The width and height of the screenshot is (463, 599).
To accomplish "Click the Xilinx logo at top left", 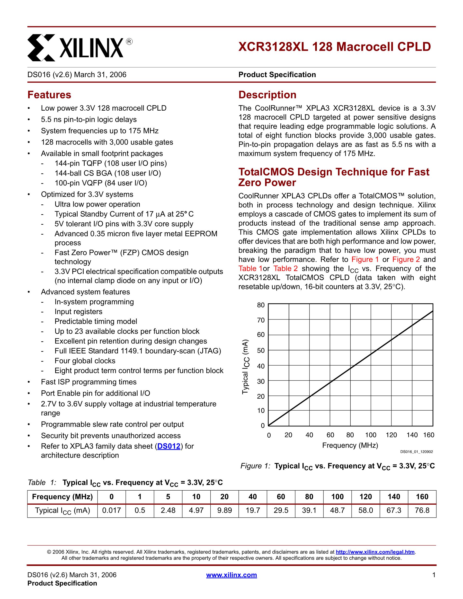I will point(80,47).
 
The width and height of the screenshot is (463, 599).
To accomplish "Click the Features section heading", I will point(49,95).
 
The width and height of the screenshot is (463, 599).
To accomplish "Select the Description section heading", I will point(267,95).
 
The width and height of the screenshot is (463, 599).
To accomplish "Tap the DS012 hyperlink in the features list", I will point(169,446).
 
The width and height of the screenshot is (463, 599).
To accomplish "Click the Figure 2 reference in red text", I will point(406,259).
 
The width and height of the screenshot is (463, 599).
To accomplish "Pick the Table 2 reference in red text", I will point(285,269).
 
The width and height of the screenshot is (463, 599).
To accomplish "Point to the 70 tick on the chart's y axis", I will point(261,320).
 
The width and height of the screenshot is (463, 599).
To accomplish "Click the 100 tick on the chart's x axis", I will point(371,435).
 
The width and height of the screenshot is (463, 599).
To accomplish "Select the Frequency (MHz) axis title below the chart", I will point(350,445).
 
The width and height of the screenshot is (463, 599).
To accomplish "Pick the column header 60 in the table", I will point(281,497).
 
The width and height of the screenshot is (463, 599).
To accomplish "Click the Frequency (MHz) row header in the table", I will point(62,497).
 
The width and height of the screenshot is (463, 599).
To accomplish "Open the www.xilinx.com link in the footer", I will point(231,575).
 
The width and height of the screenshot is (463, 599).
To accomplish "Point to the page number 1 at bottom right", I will point(434,575).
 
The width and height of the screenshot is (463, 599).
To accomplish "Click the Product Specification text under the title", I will point(277,75).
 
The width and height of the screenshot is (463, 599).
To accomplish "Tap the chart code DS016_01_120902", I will point(416,452).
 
